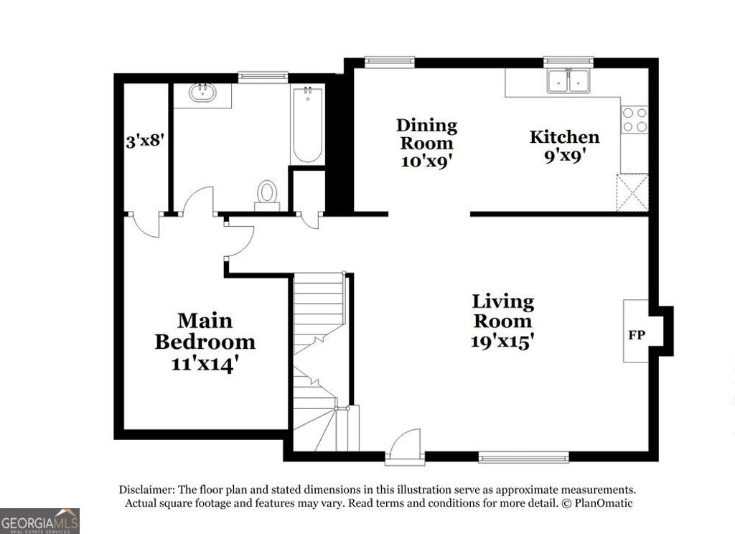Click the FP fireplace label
(x=636, y=335)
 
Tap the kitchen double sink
(x=568, y=81)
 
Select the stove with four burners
(x=635, y=119)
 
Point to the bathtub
(x=307, y=126)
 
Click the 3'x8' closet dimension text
(x=146, y=141)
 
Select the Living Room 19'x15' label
(x=502, y=321)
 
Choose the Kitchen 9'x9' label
(x=564, y=145)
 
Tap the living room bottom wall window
(x=523, y=456)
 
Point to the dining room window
(x=390, y=62)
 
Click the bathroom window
(x=263, y=75)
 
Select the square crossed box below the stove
(x=634, y=193)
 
